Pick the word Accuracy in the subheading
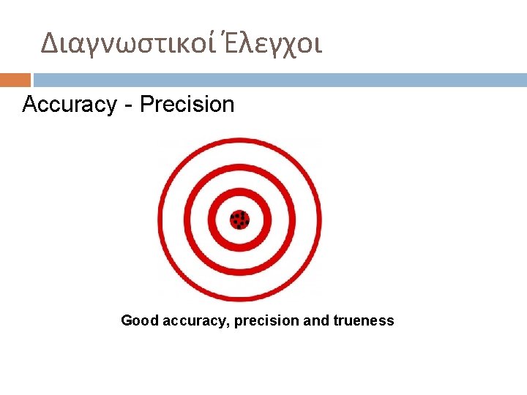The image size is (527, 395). [x=70, y=105]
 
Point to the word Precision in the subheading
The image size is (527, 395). [x=187, y=105]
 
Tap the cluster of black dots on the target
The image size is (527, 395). [x=239, y=219]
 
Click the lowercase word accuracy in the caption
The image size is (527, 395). [x=195, y=320]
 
